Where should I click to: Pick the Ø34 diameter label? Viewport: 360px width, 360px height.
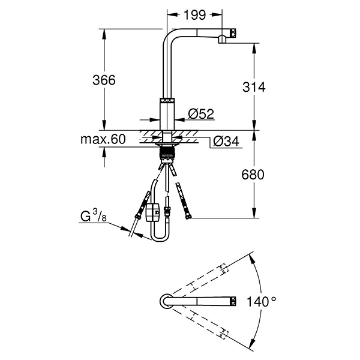tap(226, 142)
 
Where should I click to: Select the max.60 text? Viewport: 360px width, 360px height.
tap(103, 140)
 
